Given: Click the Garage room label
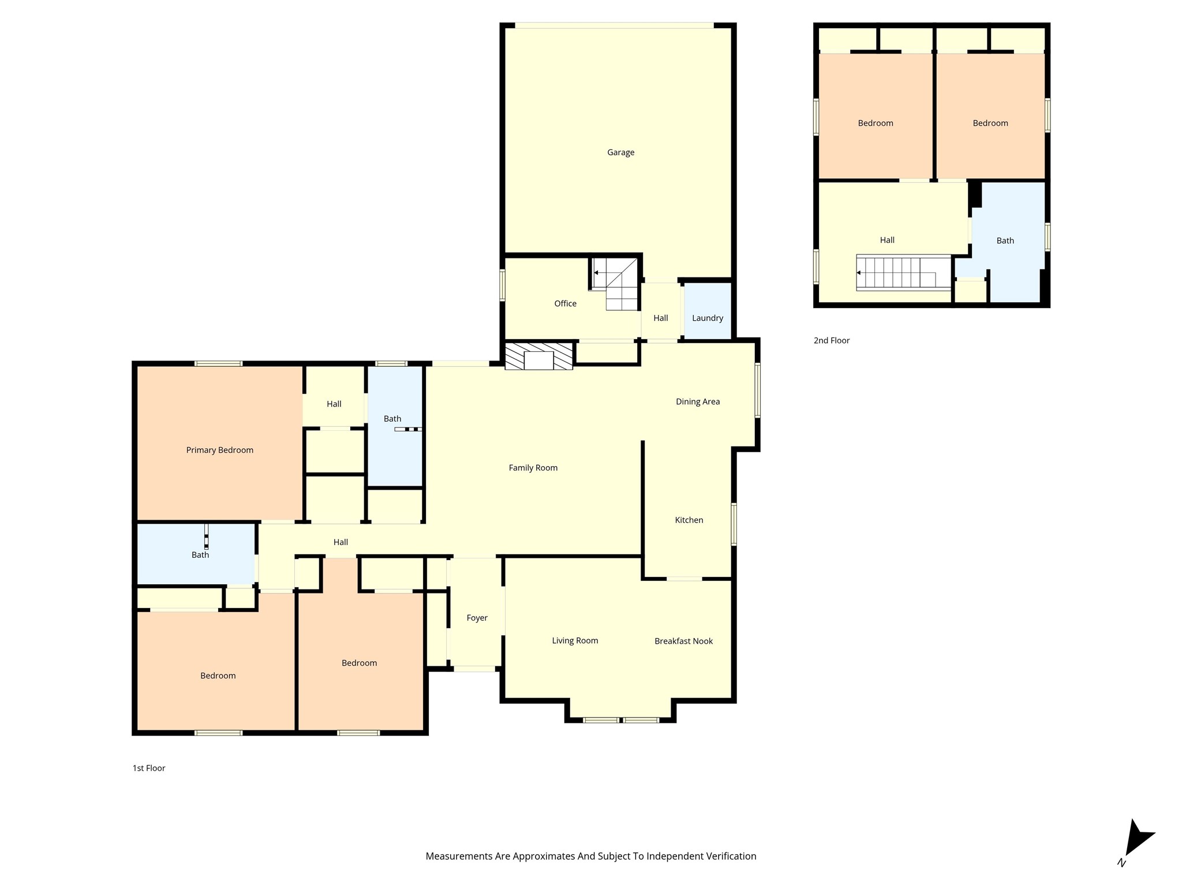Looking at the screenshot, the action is pos(620,152).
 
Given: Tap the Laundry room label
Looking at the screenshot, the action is pos(708,318).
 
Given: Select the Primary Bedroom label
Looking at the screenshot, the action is pos(219,450).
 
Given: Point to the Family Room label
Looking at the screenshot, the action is pos(533,468).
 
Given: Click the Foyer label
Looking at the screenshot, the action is pos(477,618).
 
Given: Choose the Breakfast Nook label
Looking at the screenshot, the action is pos(683,641).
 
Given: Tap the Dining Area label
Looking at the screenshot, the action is pos(698,401).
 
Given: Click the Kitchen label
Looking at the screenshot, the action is pos(689,520).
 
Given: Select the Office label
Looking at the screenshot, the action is pos(565,303).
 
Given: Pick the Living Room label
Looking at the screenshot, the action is pos(575,640).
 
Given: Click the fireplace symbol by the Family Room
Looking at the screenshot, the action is pos(538,356).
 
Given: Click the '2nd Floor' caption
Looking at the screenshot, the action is pos(832,340).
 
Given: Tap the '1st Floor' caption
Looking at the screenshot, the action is pos(149,768).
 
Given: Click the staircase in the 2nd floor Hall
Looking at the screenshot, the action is pos(903,272).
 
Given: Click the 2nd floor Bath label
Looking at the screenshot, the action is pos(1005,241).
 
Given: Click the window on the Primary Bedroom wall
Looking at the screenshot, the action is pos(218,363).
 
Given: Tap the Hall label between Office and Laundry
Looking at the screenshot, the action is pos(661,318).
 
